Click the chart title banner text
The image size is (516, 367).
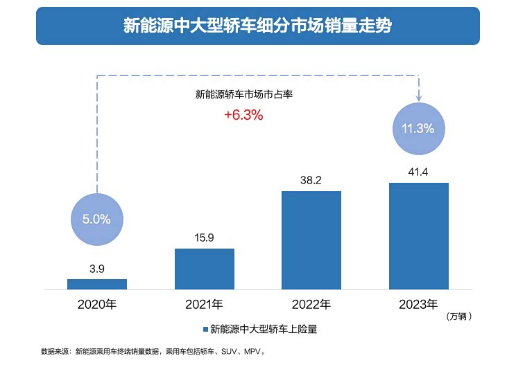click(257, 26)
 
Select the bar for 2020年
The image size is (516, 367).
click(96, 284)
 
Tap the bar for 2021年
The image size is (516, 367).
click(204, 269)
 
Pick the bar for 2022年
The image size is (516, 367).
click(311, 240)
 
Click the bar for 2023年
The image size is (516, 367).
click(418, 236)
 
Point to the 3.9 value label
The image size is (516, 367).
click(96, 267)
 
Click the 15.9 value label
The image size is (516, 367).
click(204, 237)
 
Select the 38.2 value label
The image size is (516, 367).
click(311, 179)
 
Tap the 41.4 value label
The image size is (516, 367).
click(418, 170)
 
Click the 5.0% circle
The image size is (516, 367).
click(96, 220)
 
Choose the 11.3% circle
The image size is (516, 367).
click(418, 128)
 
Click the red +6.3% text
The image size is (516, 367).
click(243, 116)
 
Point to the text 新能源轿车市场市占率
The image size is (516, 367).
click(243, 94)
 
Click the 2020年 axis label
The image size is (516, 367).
click(97, 304)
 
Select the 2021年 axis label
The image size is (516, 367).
click(204, 304)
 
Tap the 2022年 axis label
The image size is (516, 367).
click(311, 304)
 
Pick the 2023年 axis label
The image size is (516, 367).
click(418, 304)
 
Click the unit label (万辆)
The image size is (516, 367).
click(459, 316)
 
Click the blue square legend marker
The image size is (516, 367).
click(205, 330)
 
